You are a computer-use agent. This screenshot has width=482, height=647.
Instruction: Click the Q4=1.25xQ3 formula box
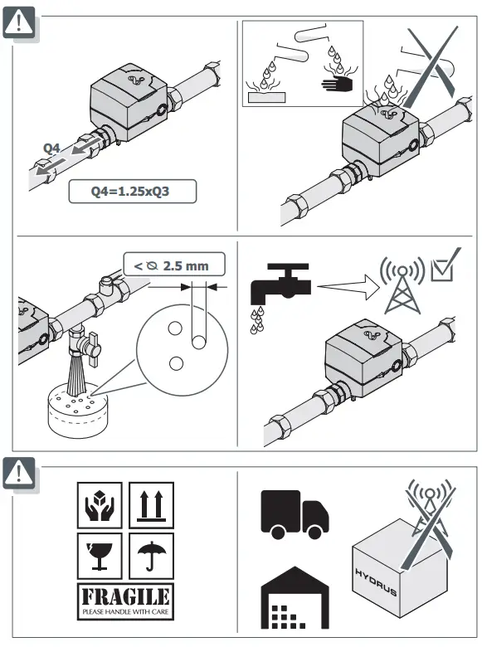click(133, 192)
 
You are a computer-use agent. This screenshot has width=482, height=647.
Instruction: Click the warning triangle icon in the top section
click(18, 22)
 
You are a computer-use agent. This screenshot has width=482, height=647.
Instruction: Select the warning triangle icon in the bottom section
click(18, 472)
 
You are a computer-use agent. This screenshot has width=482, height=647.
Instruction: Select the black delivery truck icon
click(294, 512)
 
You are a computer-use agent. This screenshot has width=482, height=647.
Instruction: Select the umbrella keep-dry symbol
click(150, 555)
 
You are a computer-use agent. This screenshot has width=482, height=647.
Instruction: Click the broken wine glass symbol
click(99, 555)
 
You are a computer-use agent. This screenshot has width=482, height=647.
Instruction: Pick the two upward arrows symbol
click(150, 504)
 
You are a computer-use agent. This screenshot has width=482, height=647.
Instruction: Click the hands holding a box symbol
click(99, 504)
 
